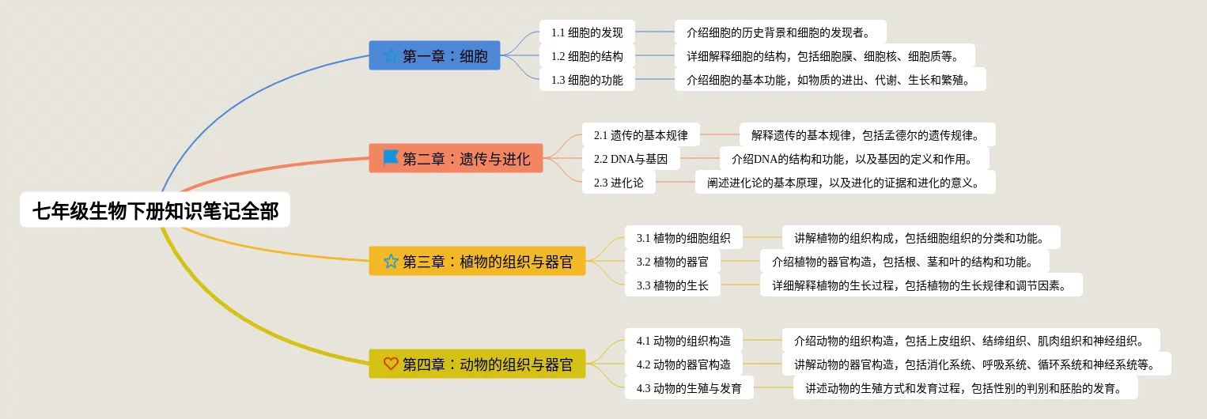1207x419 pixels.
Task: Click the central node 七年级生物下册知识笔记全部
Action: pyautogui.click(x=155, y=211)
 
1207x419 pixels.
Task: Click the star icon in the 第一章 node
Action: pyautogui.click(x=391, y=56)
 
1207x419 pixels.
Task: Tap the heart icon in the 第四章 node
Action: pyautogui.click(x=391, y=364)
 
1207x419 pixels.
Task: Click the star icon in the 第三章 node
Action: pyautogui.click(x=391, y=262)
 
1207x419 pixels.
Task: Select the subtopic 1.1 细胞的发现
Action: pyautogui.click(x=587, y=32)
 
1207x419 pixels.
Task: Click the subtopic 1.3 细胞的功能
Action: pyautogui.click(x=587, y=80)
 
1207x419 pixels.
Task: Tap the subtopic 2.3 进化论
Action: pyautogui.click(x=619, y=183)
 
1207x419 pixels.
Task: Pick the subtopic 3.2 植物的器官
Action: pyautogui.click(x=672, y=262)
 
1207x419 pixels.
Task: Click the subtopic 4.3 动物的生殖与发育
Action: pyautogui.click(x=689, y=388)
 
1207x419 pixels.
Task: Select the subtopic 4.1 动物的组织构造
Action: pyautogui.click(x=683, y=341)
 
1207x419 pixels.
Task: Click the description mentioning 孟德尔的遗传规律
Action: pyautogui.click(x=866, y=135)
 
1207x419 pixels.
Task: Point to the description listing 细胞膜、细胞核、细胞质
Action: pyautogui.click(x=823, y=56)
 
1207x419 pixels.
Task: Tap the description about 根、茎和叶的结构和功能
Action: pyautogui.click(x=904, y=262)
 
